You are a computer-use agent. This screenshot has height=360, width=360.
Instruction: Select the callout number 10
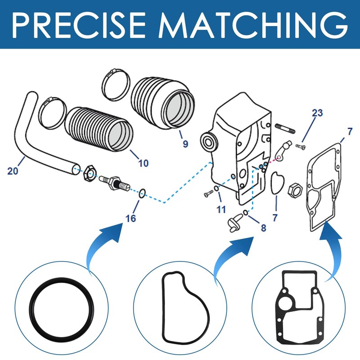click(143, 163)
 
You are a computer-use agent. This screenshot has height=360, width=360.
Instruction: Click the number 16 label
click(130, 219)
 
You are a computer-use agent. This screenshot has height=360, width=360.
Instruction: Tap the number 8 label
click(263, 228)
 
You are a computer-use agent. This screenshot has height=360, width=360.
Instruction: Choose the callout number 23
click(317, 113)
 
